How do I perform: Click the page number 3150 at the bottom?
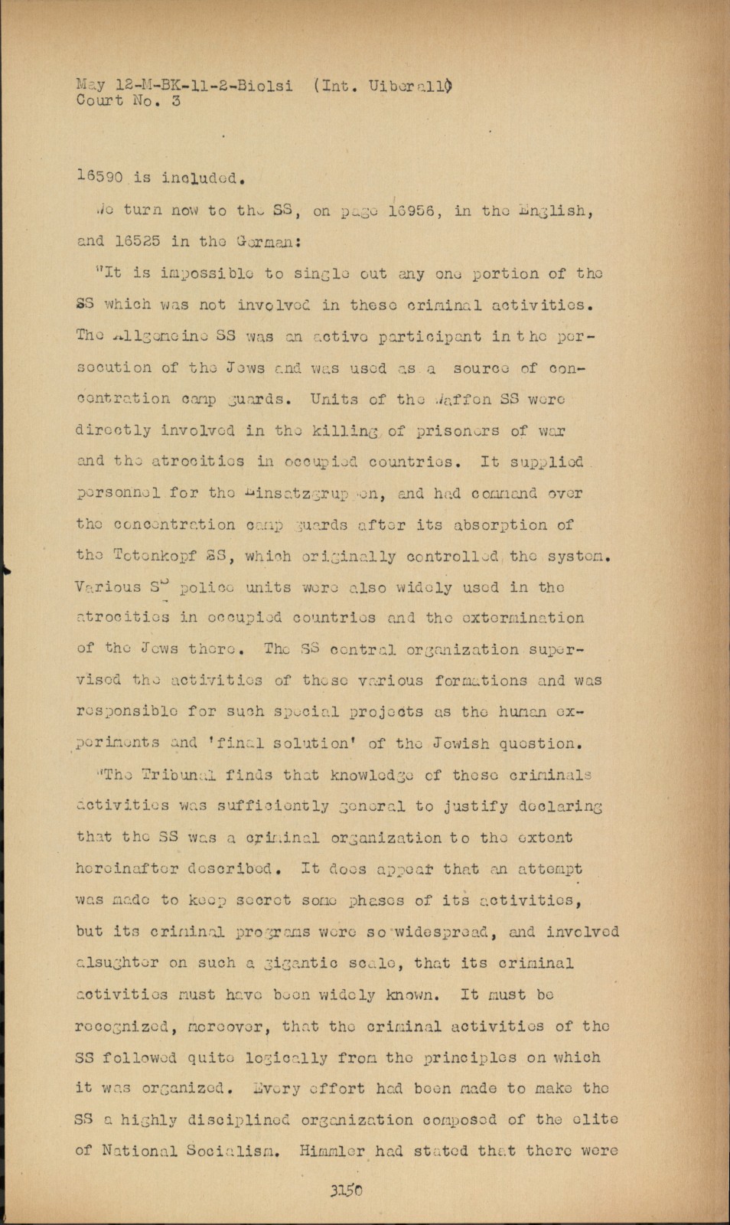point(347,1190)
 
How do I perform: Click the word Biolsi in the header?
point(264,85)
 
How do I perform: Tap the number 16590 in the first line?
point(99,177)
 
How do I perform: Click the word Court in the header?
point(99,100)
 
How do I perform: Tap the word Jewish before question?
point(461,743)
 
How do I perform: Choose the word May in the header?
point(90,85)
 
